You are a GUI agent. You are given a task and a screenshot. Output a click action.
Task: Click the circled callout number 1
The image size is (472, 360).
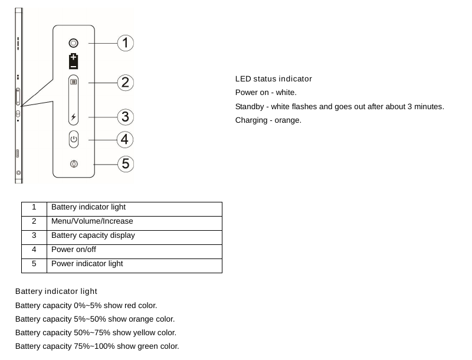126,43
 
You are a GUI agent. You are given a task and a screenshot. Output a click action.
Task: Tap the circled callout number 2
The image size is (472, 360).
126,83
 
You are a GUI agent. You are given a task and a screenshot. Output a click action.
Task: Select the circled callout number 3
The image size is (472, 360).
126,117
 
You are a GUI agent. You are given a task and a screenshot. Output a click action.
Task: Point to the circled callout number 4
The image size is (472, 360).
125,140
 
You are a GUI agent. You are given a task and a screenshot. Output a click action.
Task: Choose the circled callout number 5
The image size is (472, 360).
126,164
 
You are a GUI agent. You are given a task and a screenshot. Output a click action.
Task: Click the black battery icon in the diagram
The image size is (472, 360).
73,61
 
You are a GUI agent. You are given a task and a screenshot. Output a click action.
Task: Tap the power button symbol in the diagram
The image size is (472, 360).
73,139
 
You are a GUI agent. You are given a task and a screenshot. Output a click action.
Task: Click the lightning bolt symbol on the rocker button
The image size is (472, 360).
73,117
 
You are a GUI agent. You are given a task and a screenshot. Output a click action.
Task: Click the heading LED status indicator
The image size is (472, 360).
273,79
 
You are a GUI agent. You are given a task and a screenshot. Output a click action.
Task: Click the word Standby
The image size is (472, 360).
250,107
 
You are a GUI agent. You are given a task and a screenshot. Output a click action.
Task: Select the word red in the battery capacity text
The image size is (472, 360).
130,306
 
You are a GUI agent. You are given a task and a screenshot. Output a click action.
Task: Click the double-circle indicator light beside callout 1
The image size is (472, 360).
73,43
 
